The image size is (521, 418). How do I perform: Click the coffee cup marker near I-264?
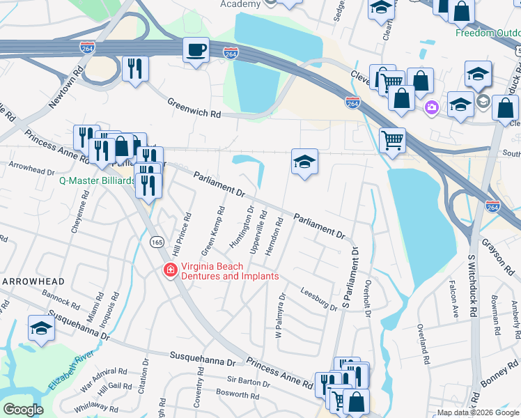coord(195,50)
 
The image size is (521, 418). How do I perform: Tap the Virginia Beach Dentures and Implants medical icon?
coord(169,270)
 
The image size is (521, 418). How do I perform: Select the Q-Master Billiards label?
coord(97,180)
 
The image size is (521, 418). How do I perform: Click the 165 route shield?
coord(155,240)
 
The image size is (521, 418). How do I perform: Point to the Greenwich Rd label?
coord(194,108)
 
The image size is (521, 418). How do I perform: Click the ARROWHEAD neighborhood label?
coord(33,281)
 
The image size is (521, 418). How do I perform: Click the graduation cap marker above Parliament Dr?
coord(304,162)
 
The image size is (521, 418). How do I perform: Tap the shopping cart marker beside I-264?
coord(393,140)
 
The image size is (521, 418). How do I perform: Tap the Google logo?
coord(23,409)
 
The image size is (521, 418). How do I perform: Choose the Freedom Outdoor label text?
coord(488,33)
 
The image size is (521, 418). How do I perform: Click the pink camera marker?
coord(431,107)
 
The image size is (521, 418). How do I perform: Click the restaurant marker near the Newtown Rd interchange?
coord(134,68)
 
